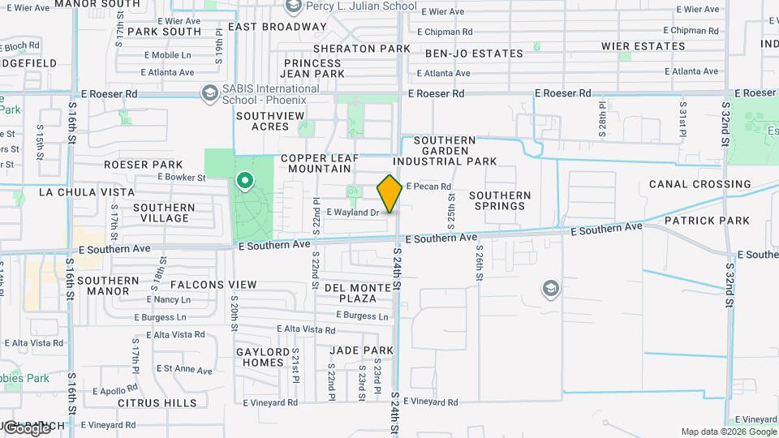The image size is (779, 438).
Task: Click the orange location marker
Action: tap(389, 194)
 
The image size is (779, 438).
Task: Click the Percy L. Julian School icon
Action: tap(293, 7)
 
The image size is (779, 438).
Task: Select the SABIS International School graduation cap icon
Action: tap(210, 94)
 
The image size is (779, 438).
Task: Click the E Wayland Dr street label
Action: tap(352, 213)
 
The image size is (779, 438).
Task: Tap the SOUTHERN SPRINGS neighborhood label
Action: tap(500, 200)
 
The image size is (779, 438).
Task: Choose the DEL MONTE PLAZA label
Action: tap(351, 293)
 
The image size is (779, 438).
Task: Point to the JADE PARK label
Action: tap(361, 350)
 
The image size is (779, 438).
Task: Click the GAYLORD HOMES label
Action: tap(262, 357)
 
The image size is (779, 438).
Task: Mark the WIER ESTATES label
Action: tap(643, 46)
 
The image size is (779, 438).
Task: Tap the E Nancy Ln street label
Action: tap(168, 299)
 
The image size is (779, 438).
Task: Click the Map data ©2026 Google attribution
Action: tap(728, 432)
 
